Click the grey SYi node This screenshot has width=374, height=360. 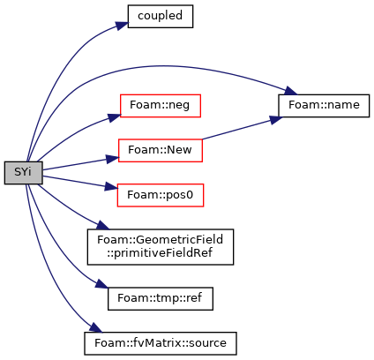(24, 173)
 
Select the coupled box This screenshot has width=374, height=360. (161, 17)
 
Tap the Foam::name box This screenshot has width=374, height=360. (324, 106)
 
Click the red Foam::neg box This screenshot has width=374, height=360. (161, 106)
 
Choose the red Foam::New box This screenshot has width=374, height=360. (161, 151)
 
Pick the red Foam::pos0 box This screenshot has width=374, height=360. (161, 195)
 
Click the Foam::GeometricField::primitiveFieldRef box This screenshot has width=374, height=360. (161, 247)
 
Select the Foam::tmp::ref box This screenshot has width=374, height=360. (161, 298)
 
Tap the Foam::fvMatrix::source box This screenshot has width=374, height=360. (161, 343)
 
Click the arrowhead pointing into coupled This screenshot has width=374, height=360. (122, 26)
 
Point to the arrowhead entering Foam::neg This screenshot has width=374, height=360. (115, 117)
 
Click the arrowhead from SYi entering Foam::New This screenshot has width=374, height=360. (113, 159)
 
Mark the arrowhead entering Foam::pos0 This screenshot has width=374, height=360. (112, 187)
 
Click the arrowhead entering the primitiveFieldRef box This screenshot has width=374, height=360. (103, 225)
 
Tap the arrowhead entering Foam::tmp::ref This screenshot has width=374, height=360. (101, 284)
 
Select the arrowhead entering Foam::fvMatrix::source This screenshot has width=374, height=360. (95, 327)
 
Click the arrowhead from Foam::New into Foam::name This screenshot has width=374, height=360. (276, 119)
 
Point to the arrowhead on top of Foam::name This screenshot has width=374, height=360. (291, 91)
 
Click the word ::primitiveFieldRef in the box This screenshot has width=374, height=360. (160, 253)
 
